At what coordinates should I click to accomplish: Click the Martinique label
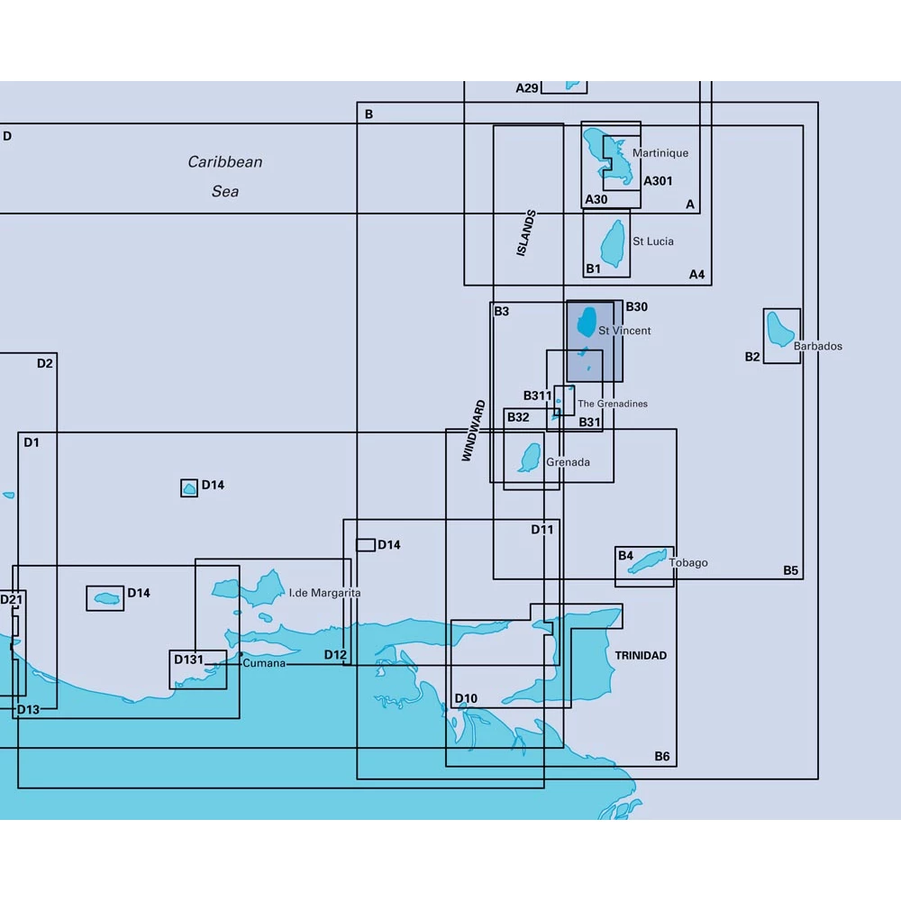[660, 153]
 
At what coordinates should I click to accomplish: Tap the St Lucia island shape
[614, 242]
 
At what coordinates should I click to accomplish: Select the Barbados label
[818, 346]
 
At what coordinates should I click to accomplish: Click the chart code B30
[636, 307]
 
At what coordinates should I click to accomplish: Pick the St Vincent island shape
[587, 321]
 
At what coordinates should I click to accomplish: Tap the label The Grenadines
[612, 404]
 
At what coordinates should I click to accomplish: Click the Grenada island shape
[530, 457]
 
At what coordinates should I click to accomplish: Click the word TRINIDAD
[641, 656]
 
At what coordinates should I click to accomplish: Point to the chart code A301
[658, 181]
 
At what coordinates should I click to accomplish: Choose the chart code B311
[537, 396]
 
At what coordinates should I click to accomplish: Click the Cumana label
[264, 663]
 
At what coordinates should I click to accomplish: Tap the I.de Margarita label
[324, 594]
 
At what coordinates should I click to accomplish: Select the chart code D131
[188, 660]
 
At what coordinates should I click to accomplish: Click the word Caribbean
[225, 162]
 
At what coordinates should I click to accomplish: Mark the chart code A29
[527, 88]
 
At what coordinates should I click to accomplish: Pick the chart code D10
[466, 698]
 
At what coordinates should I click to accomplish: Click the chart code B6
[662, 756]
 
